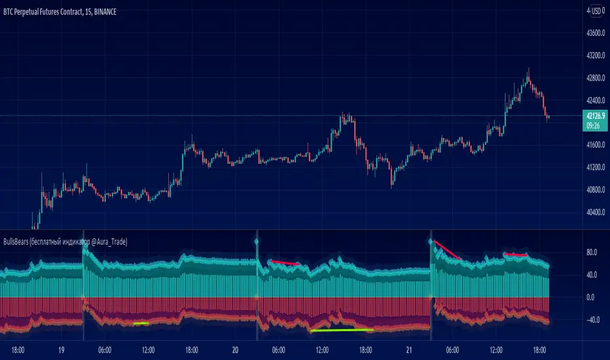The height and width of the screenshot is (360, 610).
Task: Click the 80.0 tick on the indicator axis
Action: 590,252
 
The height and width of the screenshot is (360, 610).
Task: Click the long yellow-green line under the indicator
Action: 342,330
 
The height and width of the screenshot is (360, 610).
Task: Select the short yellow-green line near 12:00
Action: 141,323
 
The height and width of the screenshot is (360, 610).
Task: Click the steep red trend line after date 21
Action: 447,250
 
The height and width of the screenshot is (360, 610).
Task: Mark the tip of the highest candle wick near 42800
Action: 528,68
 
